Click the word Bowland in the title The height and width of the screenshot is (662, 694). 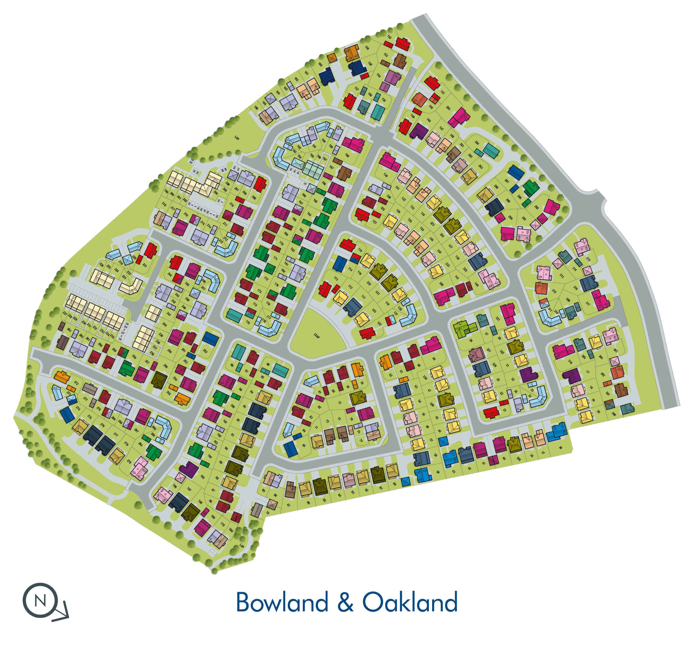[x=282, y=602]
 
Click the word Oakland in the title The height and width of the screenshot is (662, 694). [x=410, y=602]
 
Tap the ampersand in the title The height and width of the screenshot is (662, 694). [x=345, y=602]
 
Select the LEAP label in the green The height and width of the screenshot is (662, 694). [x=316, y=335]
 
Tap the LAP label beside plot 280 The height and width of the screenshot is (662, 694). [x=242, y=545]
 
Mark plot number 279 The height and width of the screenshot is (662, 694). [x=129, y=461]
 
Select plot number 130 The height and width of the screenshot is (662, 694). [x=385, y=175]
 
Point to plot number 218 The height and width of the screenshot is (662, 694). [x=186, y=214]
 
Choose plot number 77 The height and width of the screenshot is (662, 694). [x=340, y=403]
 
